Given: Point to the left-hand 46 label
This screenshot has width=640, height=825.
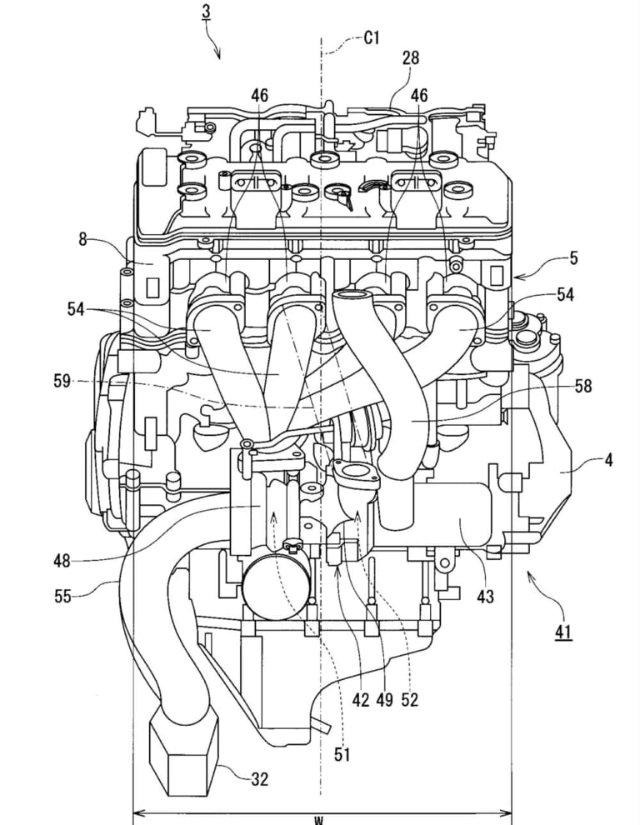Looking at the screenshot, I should point(259,97).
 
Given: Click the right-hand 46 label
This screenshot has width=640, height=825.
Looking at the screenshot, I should point(419,97).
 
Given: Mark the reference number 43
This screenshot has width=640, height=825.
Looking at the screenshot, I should point(485,597).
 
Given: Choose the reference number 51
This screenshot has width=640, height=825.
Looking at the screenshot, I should point(343,755).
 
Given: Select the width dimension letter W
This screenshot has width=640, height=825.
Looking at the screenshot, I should point(317,820).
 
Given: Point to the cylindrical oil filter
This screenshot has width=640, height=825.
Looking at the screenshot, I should point(272,587).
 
